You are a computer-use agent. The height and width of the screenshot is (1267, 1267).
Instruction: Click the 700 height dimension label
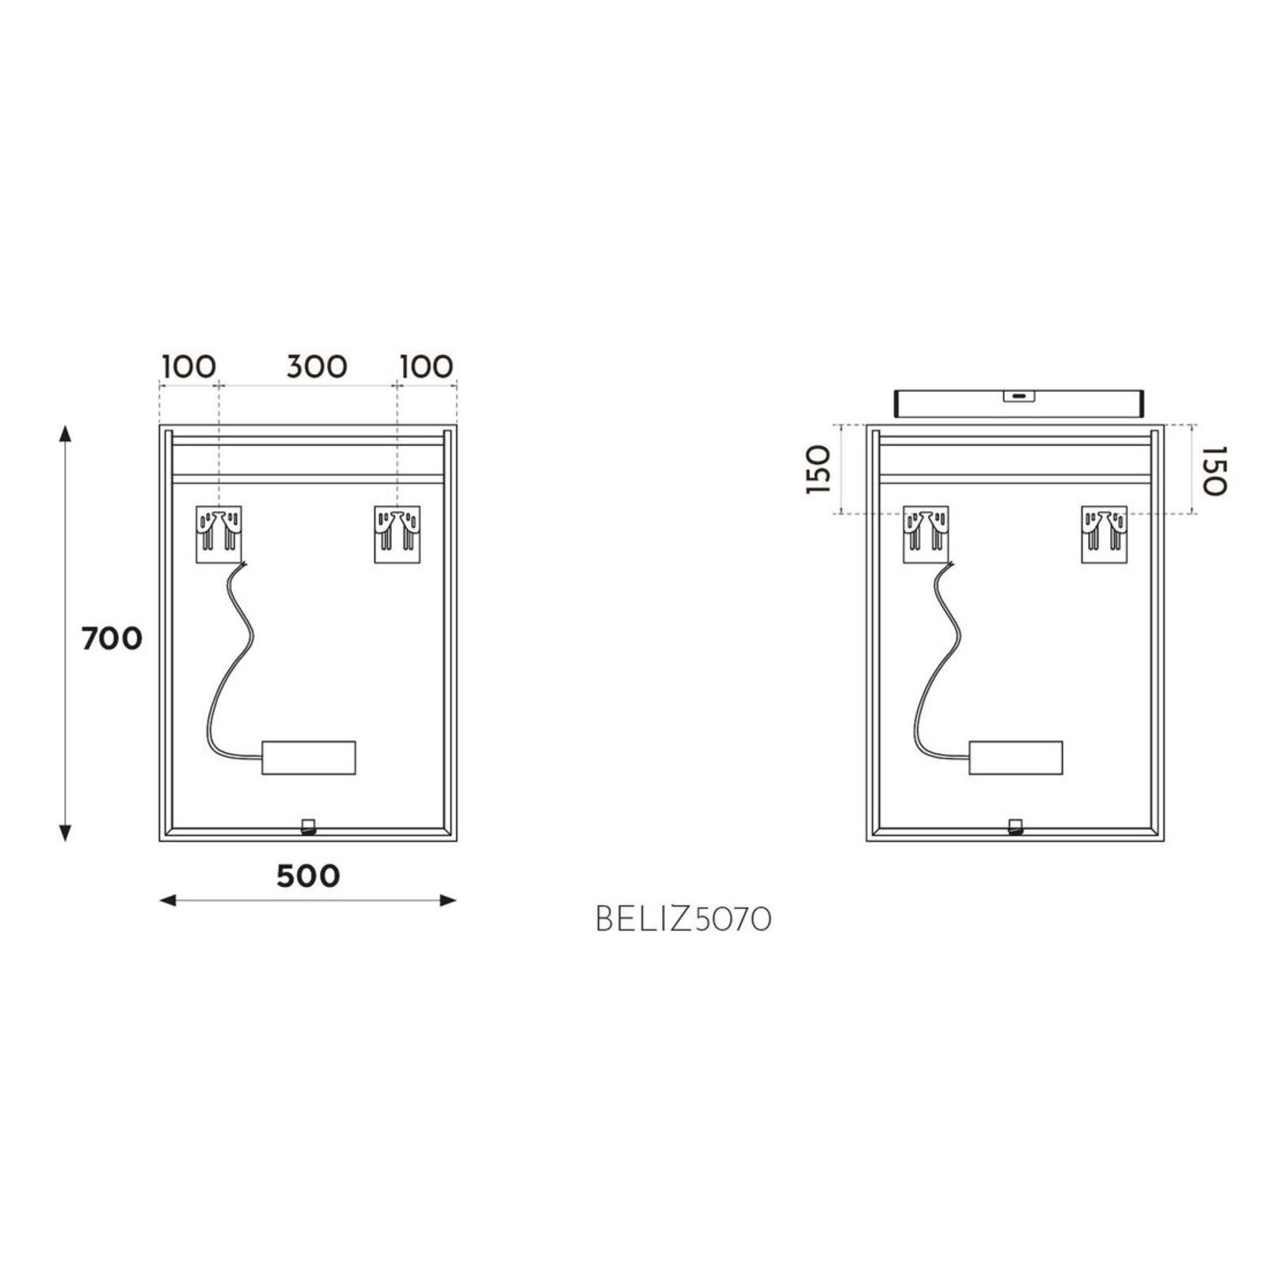point(112,637)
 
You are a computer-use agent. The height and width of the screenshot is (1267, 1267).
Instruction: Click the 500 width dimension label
point(308,875)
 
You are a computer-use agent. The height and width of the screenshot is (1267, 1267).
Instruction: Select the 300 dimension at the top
point(317,367)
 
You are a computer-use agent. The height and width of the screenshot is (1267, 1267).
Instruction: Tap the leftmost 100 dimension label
point(188,367)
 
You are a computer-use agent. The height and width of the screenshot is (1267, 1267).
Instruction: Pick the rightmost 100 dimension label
point(427,367)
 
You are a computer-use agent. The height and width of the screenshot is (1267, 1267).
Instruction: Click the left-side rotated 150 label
point(819,470)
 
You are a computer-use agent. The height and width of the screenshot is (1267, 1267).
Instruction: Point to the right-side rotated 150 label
point(1212,470)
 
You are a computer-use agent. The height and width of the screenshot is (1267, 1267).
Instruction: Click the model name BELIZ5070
point(683,919)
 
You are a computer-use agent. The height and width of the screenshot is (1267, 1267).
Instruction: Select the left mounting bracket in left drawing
point(219,535)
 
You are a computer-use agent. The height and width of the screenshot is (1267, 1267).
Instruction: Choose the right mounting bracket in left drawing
point(398,535)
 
